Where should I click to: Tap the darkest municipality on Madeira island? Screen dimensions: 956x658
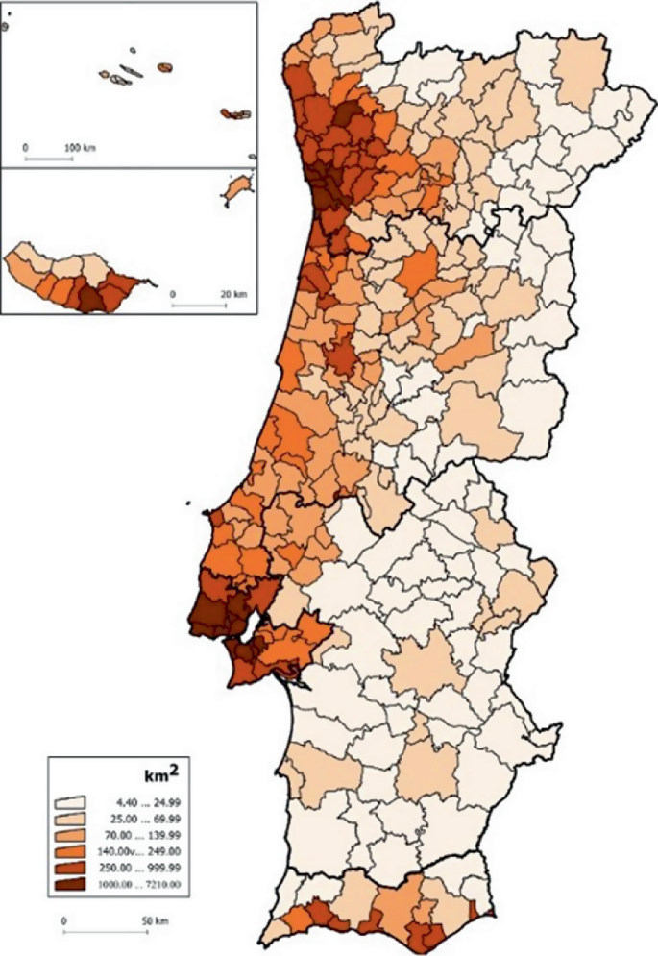tap(88, 300)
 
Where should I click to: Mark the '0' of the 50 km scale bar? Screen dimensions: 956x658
tap(63, 920)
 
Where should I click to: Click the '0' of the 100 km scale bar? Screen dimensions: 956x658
tap(26, 147)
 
